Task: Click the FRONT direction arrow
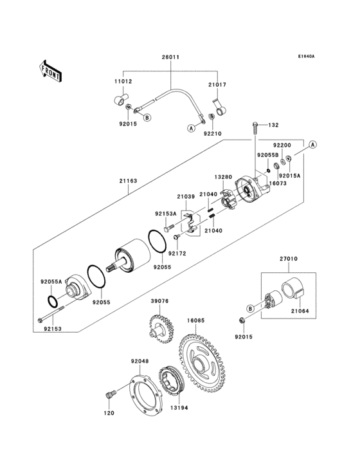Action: coord(51,70)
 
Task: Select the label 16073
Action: coord(278,183)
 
